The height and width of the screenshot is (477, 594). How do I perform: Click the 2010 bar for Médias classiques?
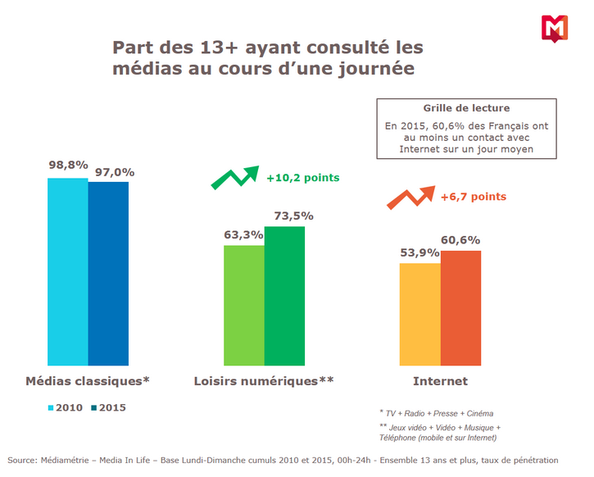pos(68,271)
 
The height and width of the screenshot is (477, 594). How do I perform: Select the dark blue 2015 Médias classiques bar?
pos(108,274)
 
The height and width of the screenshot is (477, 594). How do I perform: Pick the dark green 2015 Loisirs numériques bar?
pos(284,295)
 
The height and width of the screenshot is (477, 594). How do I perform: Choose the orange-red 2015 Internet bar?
pos(460,308)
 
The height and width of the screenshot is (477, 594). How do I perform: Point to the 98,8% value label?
pos(68,165)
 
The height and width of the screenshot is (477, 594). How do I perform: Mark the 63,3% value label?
pos(243,234)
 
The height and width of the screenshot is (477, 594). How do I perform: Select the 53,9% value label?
pos(419,252)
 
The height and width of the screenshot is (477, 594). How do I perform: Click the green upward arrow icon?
pos(234,177)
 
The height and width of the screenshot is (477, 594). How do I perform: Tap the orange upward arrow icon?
pos(410,198)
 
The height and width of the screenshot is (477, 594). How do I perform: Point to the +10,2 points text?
pos(302,177)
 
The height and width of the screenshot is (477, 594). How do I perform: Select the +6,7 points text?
pos(473,197)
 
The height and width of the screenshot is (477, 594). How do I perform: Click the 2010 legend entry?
pos(66,407)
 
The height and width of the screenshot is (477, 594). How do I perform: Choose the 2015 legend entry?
pos(108,407)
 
